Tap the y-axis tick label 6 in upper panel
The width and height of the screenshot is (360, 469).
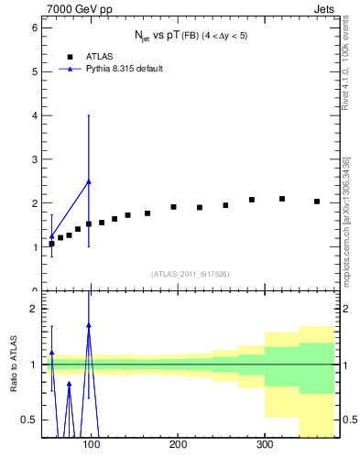(x=34, y=27)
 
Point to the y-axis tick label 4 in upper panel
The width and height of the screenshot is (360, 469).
(x=34, y=115)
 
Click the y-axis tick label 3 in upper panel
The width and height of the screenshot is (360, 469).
(x=34, y=159)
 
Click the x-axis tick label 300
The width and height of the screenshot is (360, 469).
(x=264, y=445)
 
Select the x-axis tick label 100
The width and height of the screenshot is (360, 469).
(x=91, y=445)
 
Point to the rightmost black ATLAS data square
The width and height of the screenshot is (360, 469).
(x=317, y=202)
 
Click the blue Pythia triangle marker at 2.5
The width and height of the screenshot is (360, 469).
(x=88, y=181)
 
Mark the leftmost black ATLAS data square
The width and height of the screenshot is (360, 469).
(x=51, y=244)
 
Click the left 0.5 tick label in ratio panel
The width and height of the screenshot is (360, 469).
(x=30, y=420)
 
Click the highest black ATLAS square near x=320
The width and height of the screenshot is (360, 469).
(x=282, y=199)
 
